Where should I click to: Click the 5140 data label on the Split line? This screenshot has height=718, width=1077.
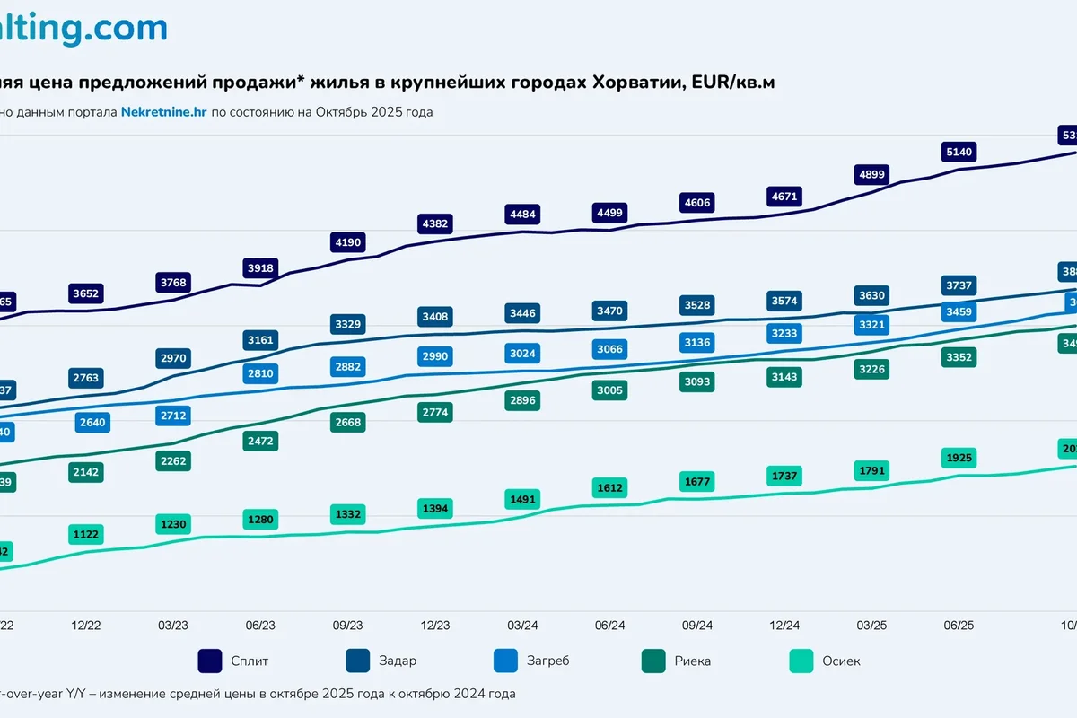(959, 151)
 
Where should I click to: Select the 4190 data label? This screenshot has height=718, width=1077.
(347, 242)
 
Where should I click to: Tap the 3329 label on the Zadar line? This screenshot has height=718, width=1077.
(347, 324)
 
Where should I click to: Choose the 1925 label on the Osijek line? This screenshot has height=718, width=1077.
(959, 458)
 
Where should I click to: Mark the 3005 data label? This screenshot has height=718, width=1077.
(609, 390)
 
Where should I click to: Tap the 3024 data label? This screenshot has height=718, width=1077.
(522, 354)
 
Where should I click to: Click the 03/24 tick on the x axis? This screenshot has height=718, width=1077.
(522, 625)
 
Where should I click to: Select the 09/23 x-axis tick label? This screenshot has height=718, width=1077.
(347, 625)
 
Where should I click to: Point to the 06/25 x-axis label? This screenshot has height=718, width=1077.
(959, 625)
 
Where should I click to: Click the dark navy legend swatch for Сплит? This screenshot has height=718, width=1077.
(210, 661)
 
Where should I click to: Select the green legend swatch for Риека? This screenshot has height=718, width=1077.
(654, 661)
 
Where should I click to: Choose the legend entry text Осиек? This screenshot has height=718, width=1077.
(841, 661)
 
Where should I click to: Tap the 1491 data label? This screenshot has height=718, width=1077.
(522, 499)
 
